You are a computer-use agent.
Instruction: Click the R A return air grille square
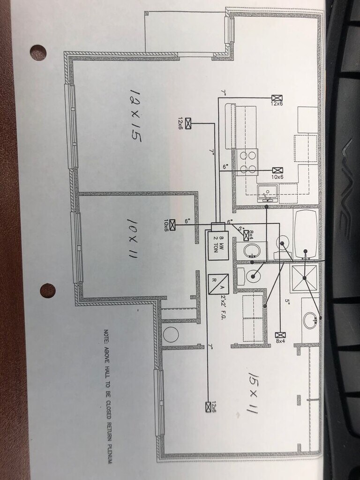pyautogui.click(x=218, y=284)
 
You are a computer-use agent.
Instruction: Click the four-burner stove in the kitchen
pyautogui.click(x=247, y=162)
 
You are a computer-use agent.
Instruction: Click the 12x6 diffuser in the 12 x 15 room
pyautogui.click(x=189, y=123)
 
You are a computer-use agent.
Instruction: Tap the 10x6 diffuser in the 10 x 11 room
pyautogui.click(x=172, y=225)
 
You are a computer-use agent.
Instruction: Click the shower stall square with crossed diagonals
pyautogui.click(x=304, y=278)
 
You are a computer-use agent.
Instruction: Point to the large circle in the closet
pyautogui.click(x=171, y=334)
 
